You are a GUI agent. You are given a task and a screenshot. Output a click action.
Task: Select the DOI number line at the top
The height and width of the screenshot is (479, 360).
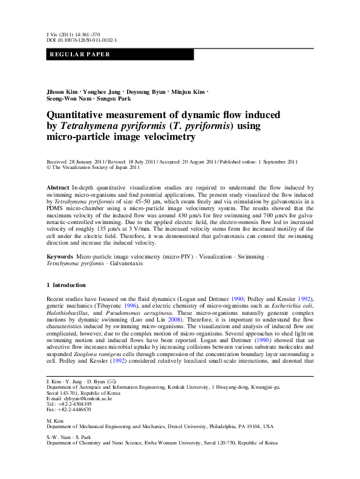[x=82, y=40]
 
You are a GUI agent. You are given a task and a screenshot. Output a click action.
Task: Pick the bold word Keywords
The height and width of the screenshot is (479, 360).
[x=61, y=274]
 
